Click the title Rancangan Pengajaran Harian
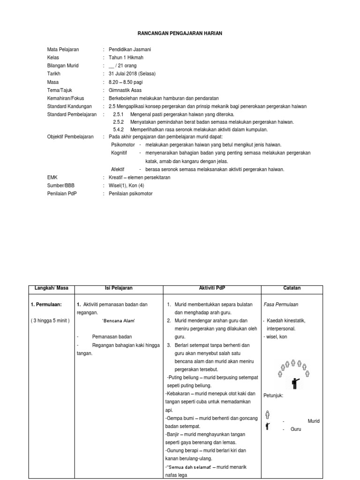point(180,33)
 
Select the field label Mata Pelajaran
point(63,49)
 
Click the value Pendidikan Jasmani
point(130,49)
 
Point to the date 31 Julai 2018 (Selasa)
point(132,74)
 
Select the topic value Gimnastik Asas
point(125,90)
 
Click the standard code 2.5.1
point(118,114)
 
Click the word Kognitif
point(119,153)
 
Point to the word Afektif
point(118,169)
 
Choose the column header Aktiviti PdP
point(212,288)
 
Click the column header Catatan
point(292,288)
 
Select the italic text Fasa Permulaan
point(281,304)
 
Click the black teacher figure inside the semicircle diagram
point(295,383)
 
